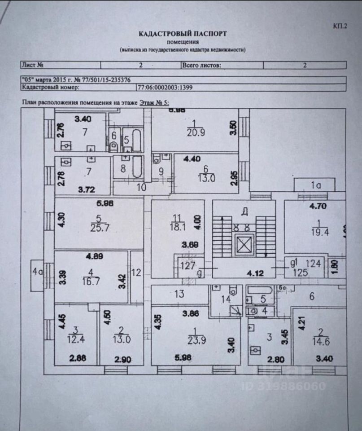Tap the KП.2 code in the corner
pyautogui.click(x=340, y=26)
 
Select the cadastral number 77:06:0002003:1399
pyautogui.click(x=165, y=88)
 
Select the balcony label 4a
pyautogui.click(x=36, y=271)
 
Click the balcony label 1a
pyautogui.click(x=314, y=184)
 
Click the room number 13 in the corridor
pyautogui.click(x=179, y=294)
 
